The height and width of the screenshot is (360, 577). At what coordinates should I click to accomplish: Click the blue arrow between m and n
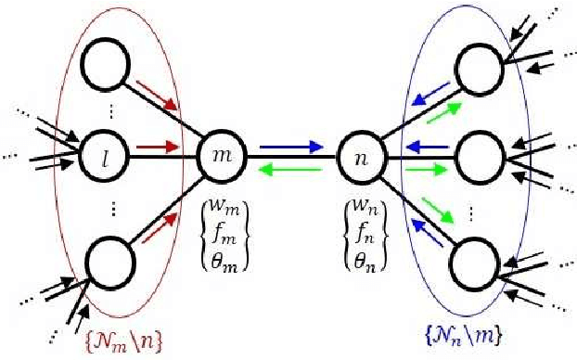(x=291, y=146)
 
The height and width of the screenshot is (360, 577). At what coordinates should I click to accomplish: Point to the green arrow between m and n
(x=291, y=167)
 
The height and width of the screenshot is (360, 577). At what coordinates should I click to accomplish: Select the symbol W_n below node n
(x=359, y=195)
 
